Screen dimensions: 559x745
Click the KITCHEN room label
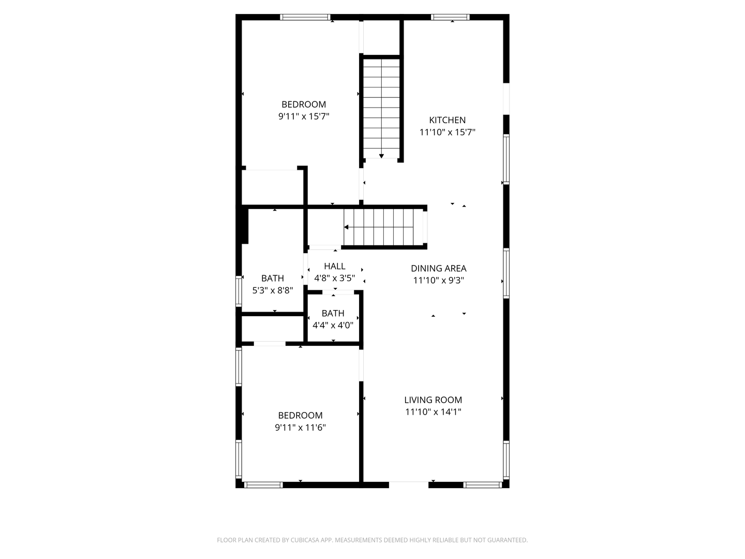(447, 120)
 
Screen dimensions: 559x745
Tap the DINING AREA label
(438, 268)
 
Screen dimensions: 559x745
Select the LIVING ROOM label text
(433, 400)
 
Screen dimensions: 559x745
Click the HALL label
(334, 266)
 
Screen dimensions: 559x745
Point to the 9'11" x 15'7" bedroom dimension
(304, 116)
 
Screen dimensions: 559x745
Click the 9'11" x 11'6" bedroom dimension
(300, 428)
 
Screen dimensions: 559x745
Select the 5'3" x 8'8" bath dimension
(273, 290)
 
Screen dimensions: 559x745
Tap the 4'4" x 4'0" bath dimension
(333, 326)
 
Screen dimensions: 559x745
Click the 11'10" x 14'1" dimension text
(433, 412)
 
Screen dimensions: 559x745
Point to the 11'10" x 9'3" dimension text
(438, 281)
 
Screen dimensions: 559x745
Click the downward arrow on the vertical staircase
(381, 156)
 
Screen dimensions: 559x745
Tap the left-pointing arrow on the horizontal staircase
(346, 227)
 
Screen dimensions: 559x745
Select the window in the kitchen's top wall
(451, 17)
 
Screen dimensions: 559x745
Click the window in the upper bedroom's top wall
(305, 17)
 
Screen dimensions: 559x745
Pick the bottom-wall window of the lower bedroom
(263, 485)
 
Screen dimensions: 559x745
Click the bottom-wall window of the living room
(483, 485)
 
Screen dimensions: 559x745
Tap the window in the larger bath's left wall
(239, 291)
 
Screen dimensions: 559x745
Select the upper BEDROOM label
(304, 104)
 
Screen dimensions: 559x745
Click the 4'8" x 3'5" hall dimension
(334, 278)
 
